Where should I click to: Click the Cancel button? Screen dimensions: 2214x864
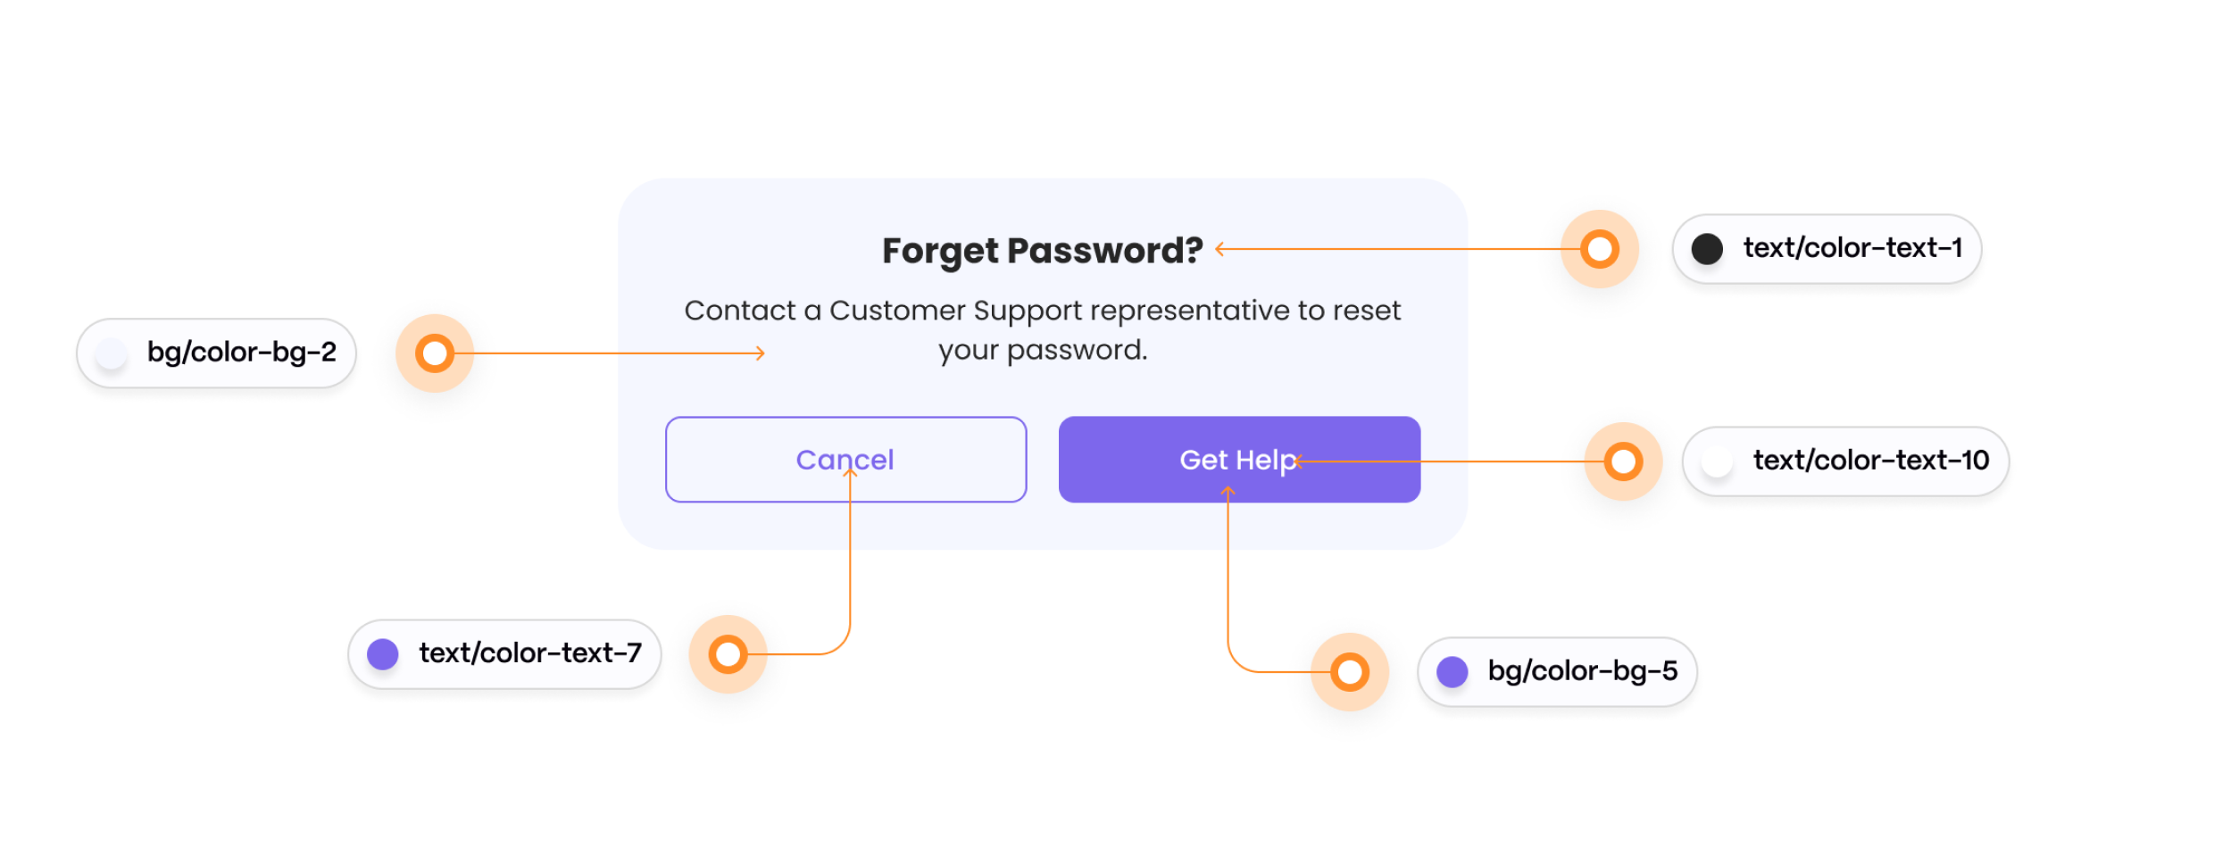pyautogui.click(x=845, y=460)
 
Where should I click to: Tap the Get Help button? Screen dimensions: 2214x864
pyautogui.click(x=1239, y=460)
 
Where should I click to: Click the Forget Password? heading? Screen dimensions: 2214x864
pyautogui.click(x=1042, y=251)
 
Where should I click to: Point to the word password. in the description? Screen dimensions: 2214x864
pyautogui.click(x=1077, y=351)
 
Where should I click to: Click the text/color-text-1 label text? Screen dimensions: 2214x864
pyautogui.click(x=1853, y=248)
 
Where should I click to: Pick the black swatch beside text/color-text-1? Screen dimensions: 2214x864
pyautogui.click(x=1707, y=249)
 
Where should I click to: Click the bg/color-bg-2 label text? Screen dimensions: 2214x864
pyautogui.click(x=242, y=353)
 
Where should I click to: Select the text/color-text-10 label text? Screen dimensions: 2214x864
pyautogui.click(x=1871, y=461)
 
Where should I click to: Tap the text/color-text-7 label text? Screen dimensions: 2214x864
pyautogui.click(x=530, y=653)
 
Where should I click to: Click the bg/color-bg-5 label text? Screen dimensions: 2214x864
pyautogui.click(x=1583, y=671)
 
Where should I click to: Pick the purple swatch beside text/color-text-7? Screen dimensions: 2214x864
pyautogui.click(x=383, y=654)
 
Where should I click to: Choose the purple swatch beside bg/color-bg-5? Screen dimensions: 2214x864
pyautogui.click(x=1452, y=672)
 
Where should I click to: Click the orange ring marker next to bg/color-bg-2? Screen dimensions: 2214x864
pyautogui.click(x=435, y=353)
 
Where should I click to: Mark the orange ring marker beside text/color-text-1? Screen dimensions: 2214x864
pyautogui.click(x=1600, y=249)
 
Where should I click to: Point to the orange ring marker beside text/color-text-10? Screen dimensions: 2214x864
pyautogui.click(x=1623, y=461)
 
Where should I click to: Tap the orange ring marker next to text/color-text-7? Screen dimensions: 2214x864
pyautogui.click(x=728, y=654)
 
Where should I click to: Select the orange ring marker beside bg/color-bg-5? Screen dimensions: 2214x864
pyautogui.click(x=1350, y=672)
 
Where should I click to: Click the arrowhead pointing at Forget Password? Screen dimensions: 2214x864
pyautogui.click(x=1219, y=249)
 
